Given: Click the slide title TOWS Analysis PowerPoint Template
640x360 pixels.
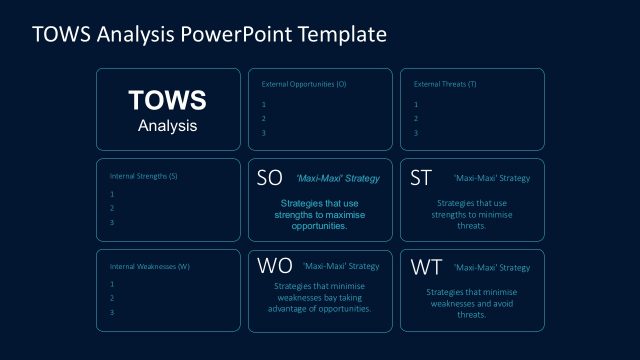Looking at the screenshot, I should [x=208, y=35].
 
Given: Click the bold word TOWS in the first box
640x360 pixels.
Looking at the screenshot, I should [x=168, y=101].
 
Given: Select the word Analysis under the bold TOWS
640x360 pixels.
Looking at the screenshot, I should [x=168, y=126].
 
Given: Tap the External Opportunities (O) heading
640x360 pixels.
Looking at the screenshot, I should [x=304, y=84].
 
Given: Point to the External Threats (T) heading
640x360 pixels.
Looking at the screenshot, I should [x=445, y=84].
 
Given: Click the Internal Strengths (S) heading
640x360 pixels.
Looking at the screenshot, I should [x=143, y=175].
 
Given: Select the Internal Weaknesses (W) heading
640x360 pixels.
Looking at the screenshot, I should [x=149, y=266].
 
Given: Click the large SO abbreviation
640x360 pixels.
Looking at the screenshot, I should [x=270, y=178].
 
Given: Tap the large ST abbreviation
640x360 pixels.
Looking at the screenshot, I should [x=421, y=178].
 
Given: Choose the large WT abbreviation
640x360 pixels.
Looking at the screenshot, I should [x=425, y=268].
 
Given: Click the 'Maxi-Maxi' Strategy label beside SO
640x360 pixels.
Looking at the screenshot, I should [x=338, y=179].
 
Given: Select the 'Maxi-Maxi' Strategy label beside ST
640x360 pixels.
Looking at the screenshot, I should [x=491, y=179].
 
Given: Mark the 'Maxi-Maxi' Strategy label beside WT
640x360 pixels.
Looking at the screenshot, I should [x=491, y=268].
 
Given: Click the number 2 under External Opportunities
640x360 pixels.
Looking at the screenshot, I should [x=263, y=119].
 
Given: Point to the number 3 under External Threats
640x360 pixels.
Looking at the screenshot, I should [x=415, y=133].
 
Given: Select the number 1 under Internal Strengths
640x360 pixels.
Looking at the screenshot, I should [x=112, y=194].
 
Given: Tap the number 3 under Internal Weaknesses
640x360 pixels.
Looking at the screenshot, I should [x=112, y=313].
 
